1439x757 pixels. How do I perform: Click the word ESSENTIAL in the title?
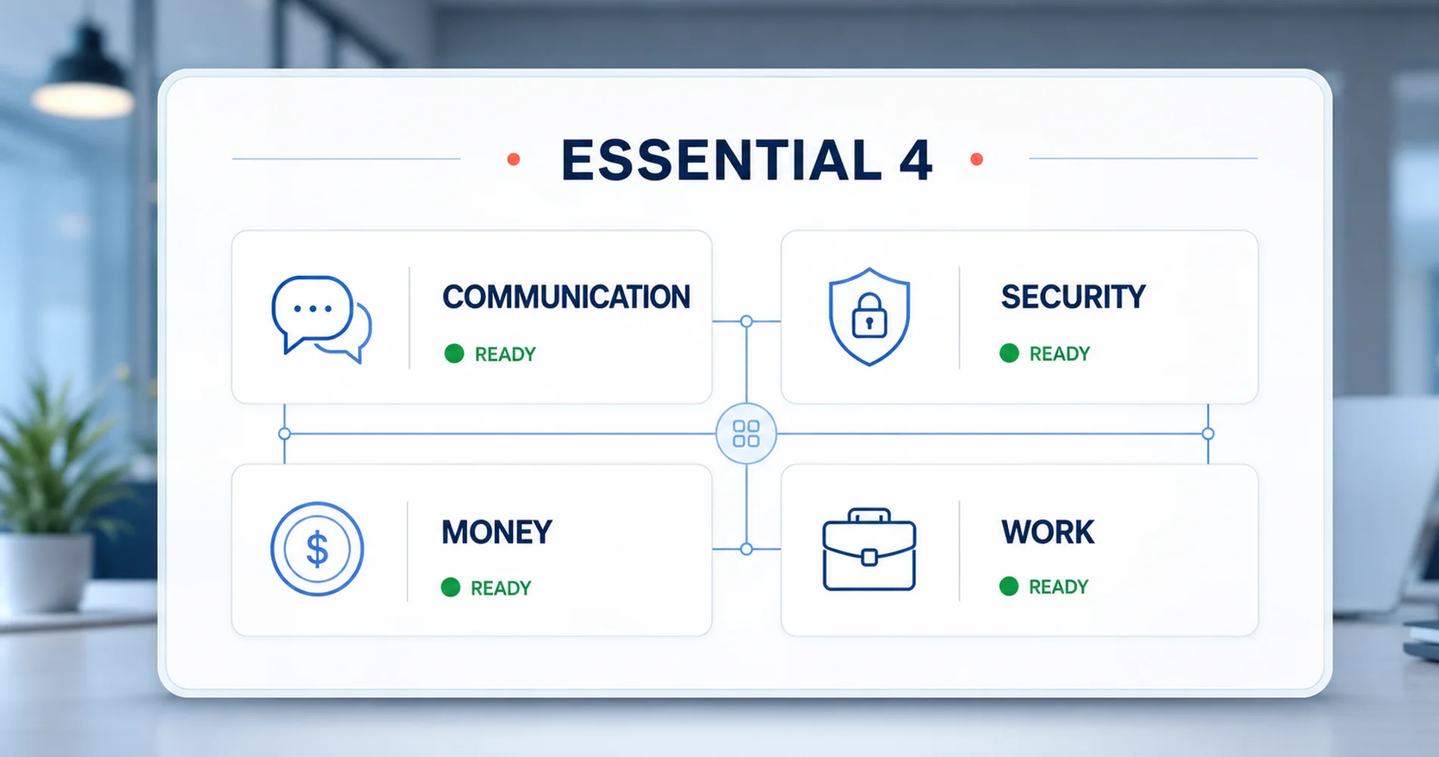pyautogui.click(x=722, y=160)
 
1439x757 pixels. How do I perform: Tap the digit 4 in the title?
pyautogui.click(x=915, y=160)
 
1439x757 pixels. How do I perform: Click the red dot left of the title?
pyautogui.click(x=513, y=159)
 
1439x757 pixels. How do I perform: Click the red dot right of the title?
pyautogui.click(x=976, y=159)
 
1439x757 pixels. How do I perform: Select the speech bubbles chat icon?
pyautogui.click(x=321, y=319)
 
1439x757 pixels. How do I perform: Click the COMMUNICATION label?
pyautogui.click(x=566, y=297)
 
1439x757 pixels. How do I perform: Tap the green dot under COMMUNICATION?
pyautogui.click(x=454, y=354)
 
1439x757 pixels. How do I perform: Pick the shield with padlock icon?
pyautogui.click(x=869, y=316)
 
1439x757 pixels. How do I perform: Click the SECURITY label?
pyautogui.click(x=1072, y=297)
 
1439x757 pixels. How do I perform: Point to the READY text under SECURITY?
pyautogui.click(x=1060, y=354)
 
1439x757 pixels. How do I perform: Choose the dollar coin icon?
pyautogui.click(x=317, y=549)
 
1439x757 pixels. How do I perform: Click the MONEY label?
pyautogui.click(x=497, y=532)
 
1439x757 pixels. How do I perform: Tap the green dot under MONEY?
pyautogui.click(x=451, y=587)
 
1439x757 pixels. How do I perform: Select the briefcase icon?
pyautogui.click(x=869, y=549)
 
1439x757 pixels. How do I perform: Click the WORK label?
pyautogui.click(x=1047, y=532)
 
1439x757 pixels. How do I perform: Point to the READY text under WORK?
pyautogui.click(x=1058, y=587)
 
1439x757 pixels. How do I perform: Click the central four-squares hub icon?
pyautogui.click(x=746, y=434)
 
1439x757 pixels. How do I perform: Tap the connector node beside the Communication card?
pyautogui.click(x=746, y=321)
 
